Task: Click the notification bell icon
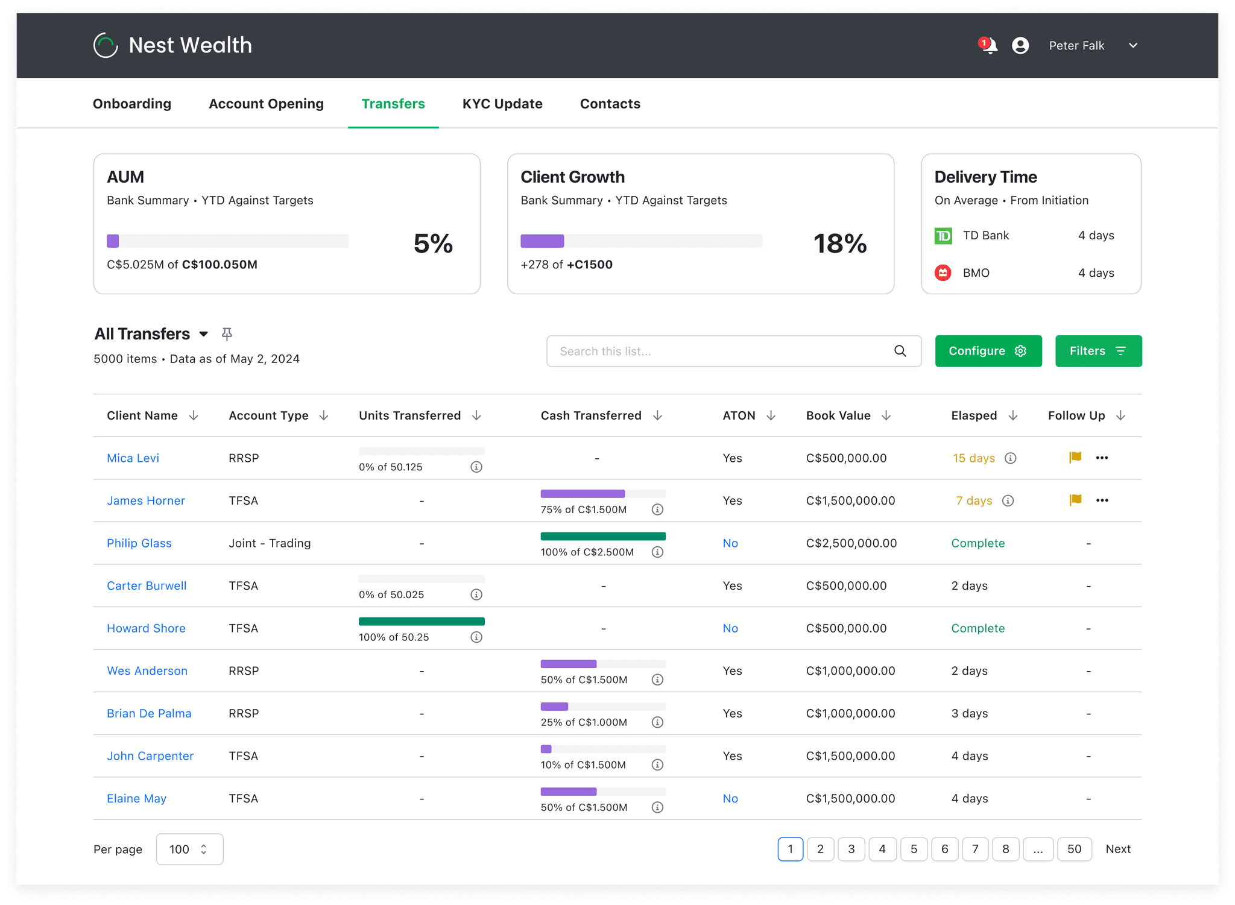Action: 989,46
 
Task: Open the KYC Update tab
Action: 502,104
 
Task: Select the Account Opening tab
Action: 266,104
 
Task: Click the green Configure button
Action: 988,351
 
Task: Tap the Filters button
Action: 1098,351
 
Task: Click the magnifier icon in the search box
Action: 900,351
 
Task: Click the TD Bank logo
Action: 943,236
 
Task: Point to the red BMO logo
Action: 943,273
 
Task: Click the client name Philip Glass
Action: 139,543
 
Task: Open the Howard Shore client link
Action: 146,628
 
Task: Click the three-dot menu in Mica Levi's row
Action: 1102,458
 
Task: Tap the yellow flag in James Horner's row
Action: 1075,500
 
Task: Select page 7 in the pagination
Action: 975,849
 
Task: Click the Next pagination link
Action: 1118,849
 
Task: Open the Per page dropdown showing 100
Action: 189,849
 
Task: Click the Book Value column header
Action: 838,415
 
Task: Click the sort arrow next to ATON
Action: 771,415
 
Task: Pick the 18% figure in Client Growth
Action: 840,244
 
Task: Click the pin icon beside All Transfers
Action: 227,333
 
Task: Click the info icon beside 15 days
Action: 1011,458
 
